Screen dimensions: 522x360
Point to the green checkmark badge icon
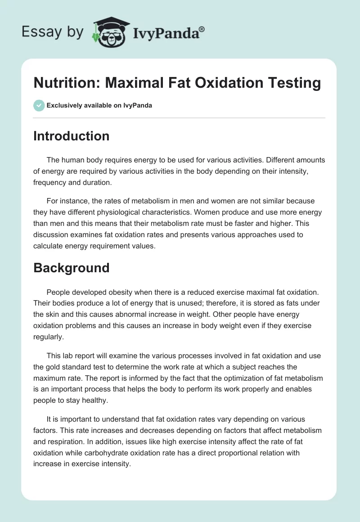39,105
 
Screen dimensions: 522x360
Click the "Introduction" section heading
71,136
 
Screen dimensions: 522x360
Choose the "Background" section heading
71,268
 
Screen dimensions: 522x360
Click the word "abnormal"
136,314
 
